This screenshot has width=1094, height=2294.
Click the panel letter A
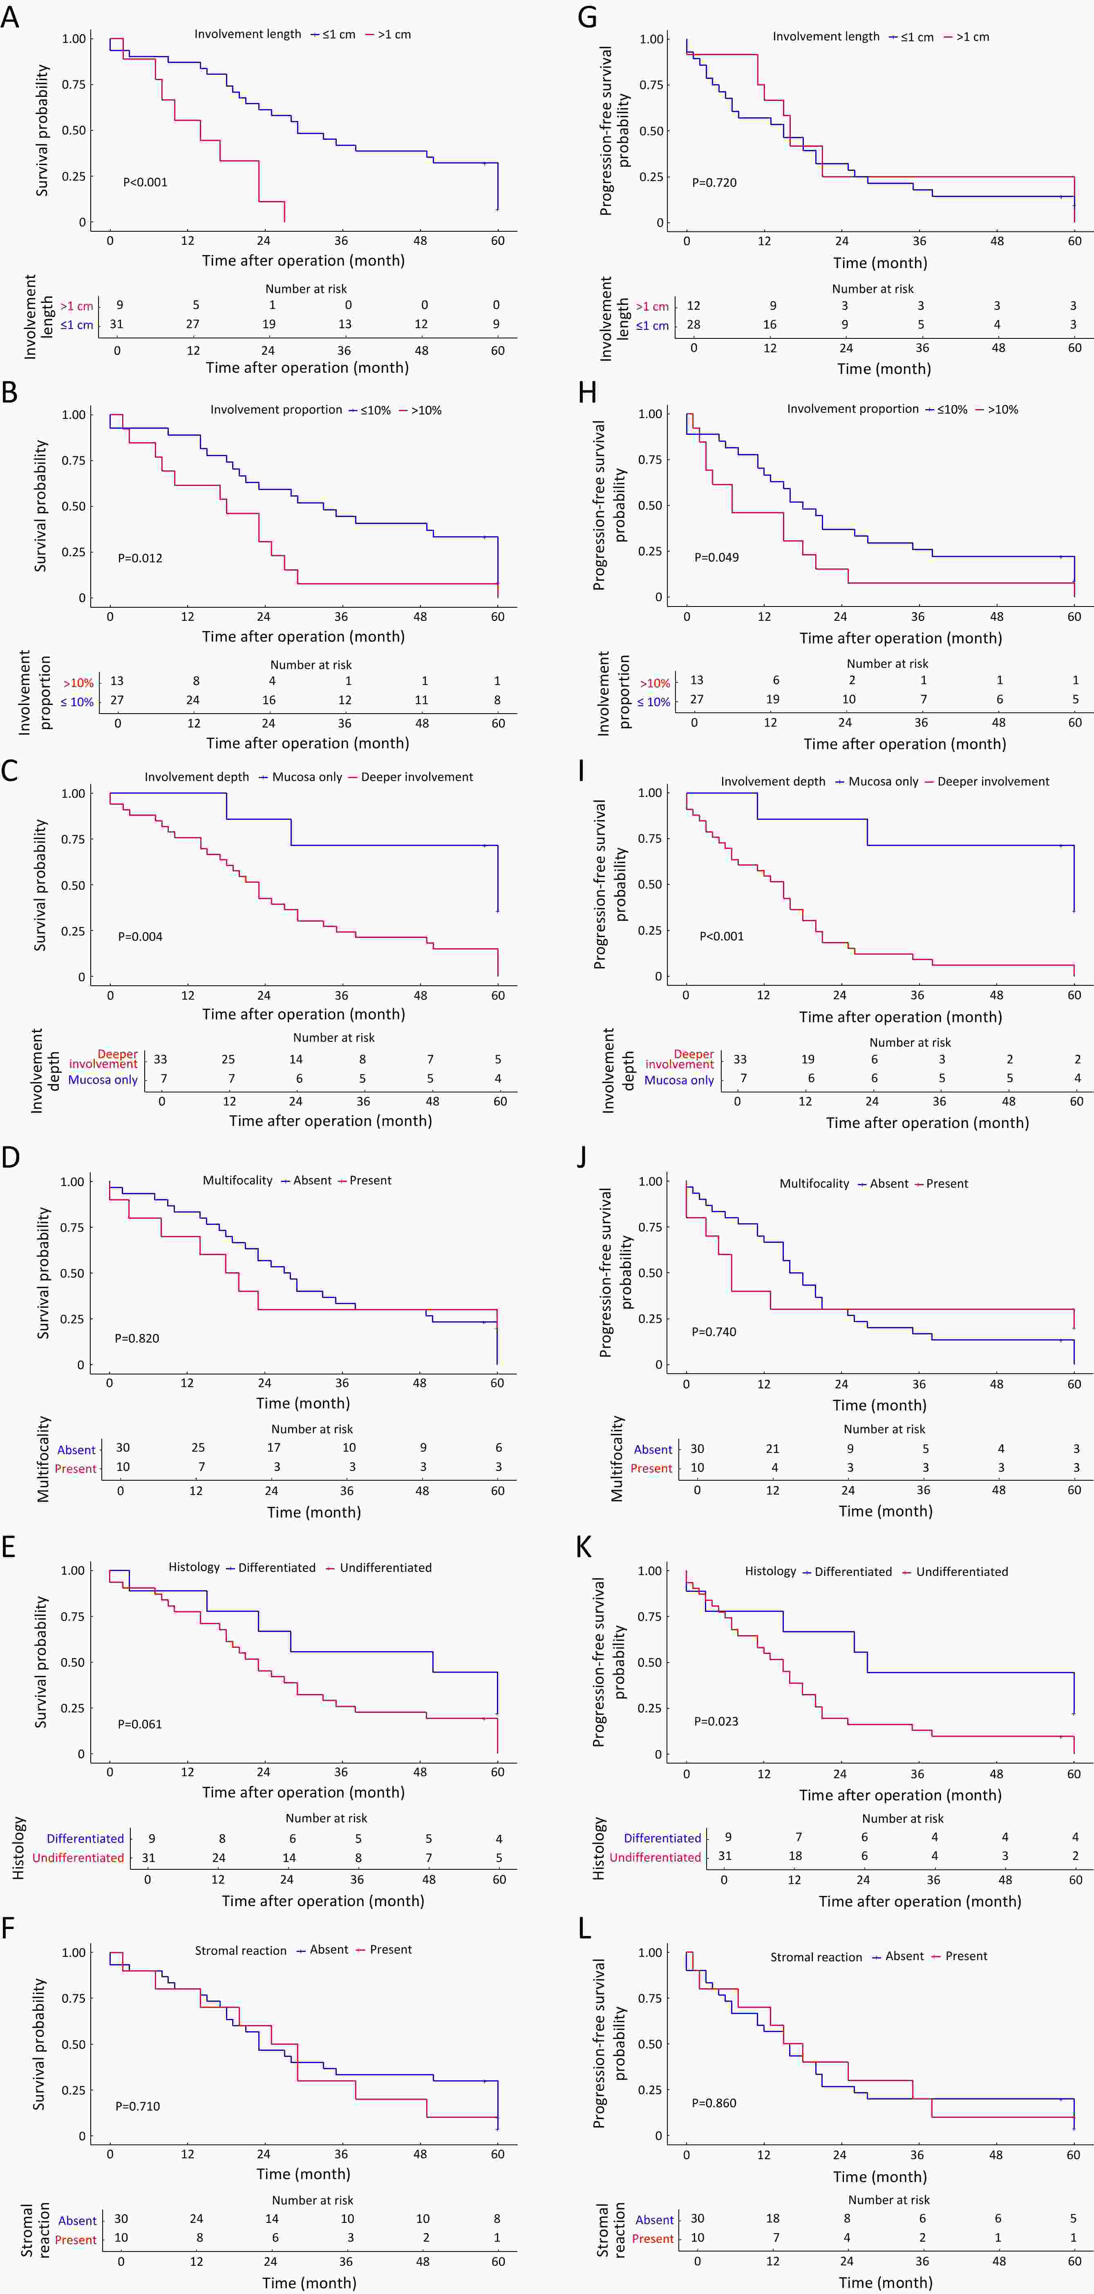coord(10,17)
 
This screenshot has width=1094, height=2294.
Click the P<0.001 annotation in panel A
coord(145,183)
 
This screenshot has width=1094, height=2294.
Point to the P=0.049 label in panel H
coord(716,557)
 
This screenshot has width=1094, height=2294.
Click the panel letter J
coord(582,1156)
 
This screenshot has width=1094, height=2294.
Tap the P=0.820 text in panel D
coord(137,1338)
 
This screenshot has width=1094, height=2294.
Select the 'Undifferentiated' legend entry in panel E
coord(385,1568)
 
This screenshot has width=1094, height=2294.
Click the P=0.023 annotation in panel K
coord(716,1721)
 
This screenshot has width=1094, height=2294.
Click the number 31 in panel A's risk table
coord(116,324)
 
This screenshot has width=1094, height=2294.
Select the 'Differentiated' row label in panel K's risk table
coord(662,1838)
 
